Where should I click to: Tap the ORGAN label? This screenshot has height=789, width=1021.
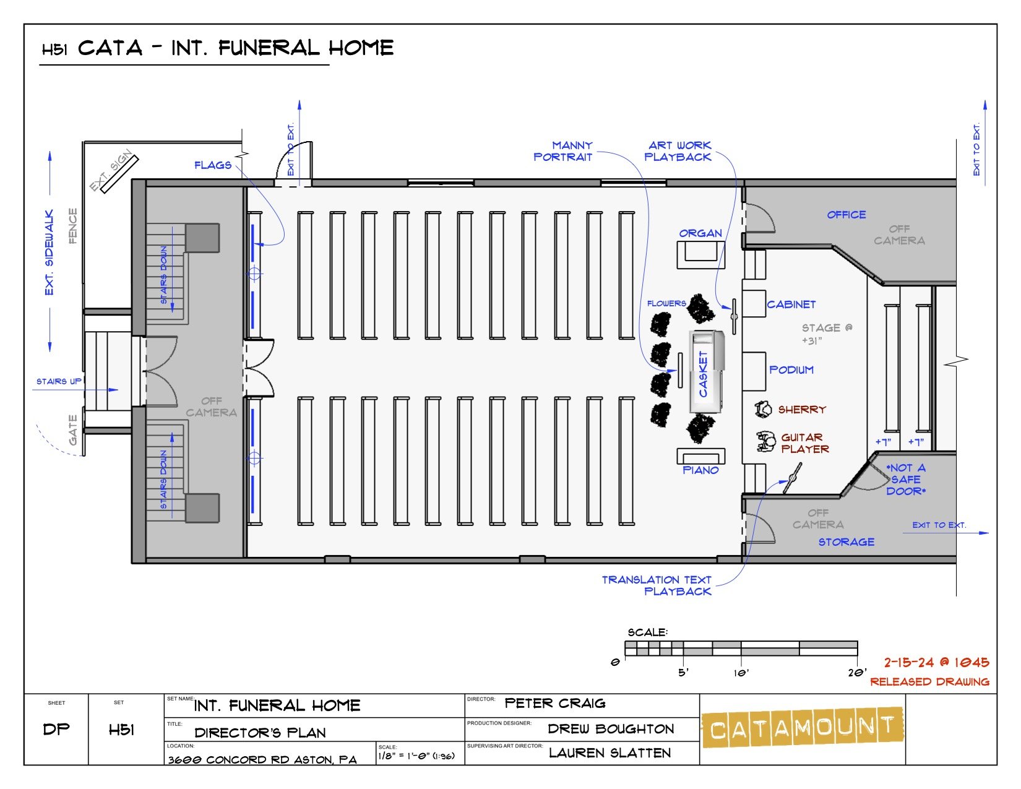coord(700,233)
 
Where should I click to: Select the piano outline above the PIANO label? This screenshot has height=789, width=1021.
coord(700,455)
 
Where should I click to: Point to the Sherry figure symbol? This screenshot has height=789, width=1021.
coord(764,408)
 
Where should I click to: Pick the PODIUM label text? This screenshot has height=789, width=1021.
coord(791,370)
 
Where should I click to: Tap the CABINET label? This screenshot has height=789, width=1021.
coord(791,304)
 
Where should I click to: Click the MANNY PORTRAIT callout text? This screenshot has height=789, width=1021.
coord(563,152)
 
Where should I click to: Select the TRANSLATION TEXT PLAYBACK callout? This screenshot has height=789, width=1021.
coord(657,585)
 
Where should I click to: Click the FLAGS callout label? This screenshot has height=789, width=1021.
coord(213,165)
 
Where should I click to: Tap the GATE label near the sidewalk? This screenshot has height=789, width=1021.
coord(73,430)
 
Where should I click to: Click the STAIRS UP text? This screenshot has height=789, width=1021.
coord(58,381)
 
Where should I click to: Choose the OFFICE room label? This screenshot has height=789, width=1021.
coord(847,215)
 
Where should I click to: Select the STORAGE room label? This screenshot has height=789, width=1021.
coord(847,542)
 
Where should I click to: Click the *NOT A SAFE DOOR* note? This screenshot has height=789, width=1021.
coord(906,480)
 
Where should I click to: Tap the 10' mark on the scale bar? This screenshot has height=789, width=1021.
coord(741,672)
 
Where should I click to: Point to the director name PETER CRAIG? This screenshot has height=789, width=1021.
coord(555,704)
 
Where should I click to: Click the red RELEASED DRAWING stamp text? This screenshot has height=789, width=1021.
coord(929,682)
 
